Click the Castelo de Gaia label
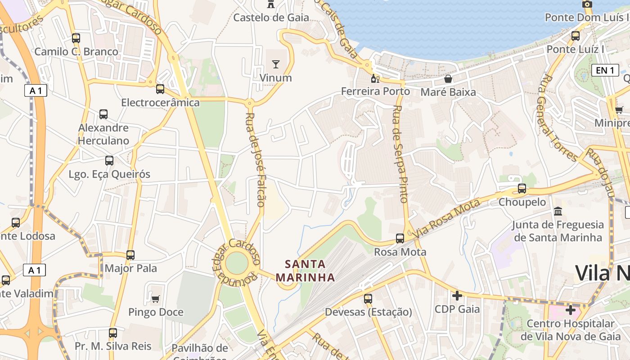pos(271,18)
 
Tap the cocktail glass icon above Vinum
pos(275,64)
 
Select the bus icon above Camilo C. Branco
pos(76,38)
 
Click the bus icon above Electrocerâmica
pos(160,89)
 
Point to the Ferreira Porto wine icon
pos(375,79)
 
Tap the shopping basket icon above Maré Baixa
pos(448,79)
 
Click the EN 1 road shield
pos(605,70)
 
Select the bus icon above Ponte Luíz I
pos(575,36)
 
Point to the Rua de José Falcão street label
pos(255,160)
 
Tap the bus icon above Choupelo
pos(522,189)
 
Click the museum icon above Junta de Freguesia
pos(558,211)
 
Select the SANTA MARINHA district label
pos(306,270)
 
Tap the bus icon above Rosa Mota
pos(400,238)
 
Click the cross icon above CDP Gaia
pos(457,296)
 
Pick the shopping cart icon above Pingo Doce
pos(156,299)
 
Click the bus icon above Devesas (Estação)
pos(368,298)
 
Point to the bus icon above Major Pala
pos(130,255)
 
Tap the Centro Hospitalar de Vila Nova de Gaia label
pos(570,330)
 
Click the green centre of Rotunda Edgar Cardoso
pos(237,263)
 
